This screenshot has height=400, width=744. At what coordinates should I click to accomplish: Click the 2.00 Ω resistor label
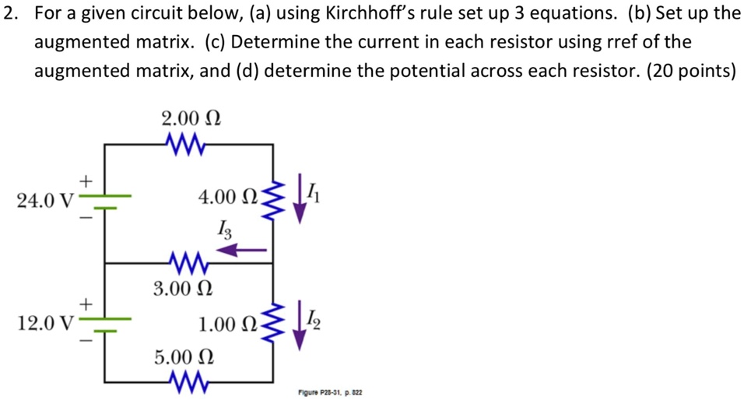click(191, 119)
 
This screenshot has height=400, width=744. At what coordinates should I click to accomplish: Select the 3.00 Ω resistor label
click(183, 289)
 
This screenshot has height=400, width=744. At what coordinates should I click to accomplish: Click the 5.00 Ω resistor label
click(183, 357)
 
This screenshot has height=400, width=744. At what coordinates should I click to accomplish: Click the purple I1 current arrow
click(299, 202)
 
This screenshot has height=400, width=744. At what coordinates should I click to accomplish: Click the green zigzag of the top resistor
click(184, 144)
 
